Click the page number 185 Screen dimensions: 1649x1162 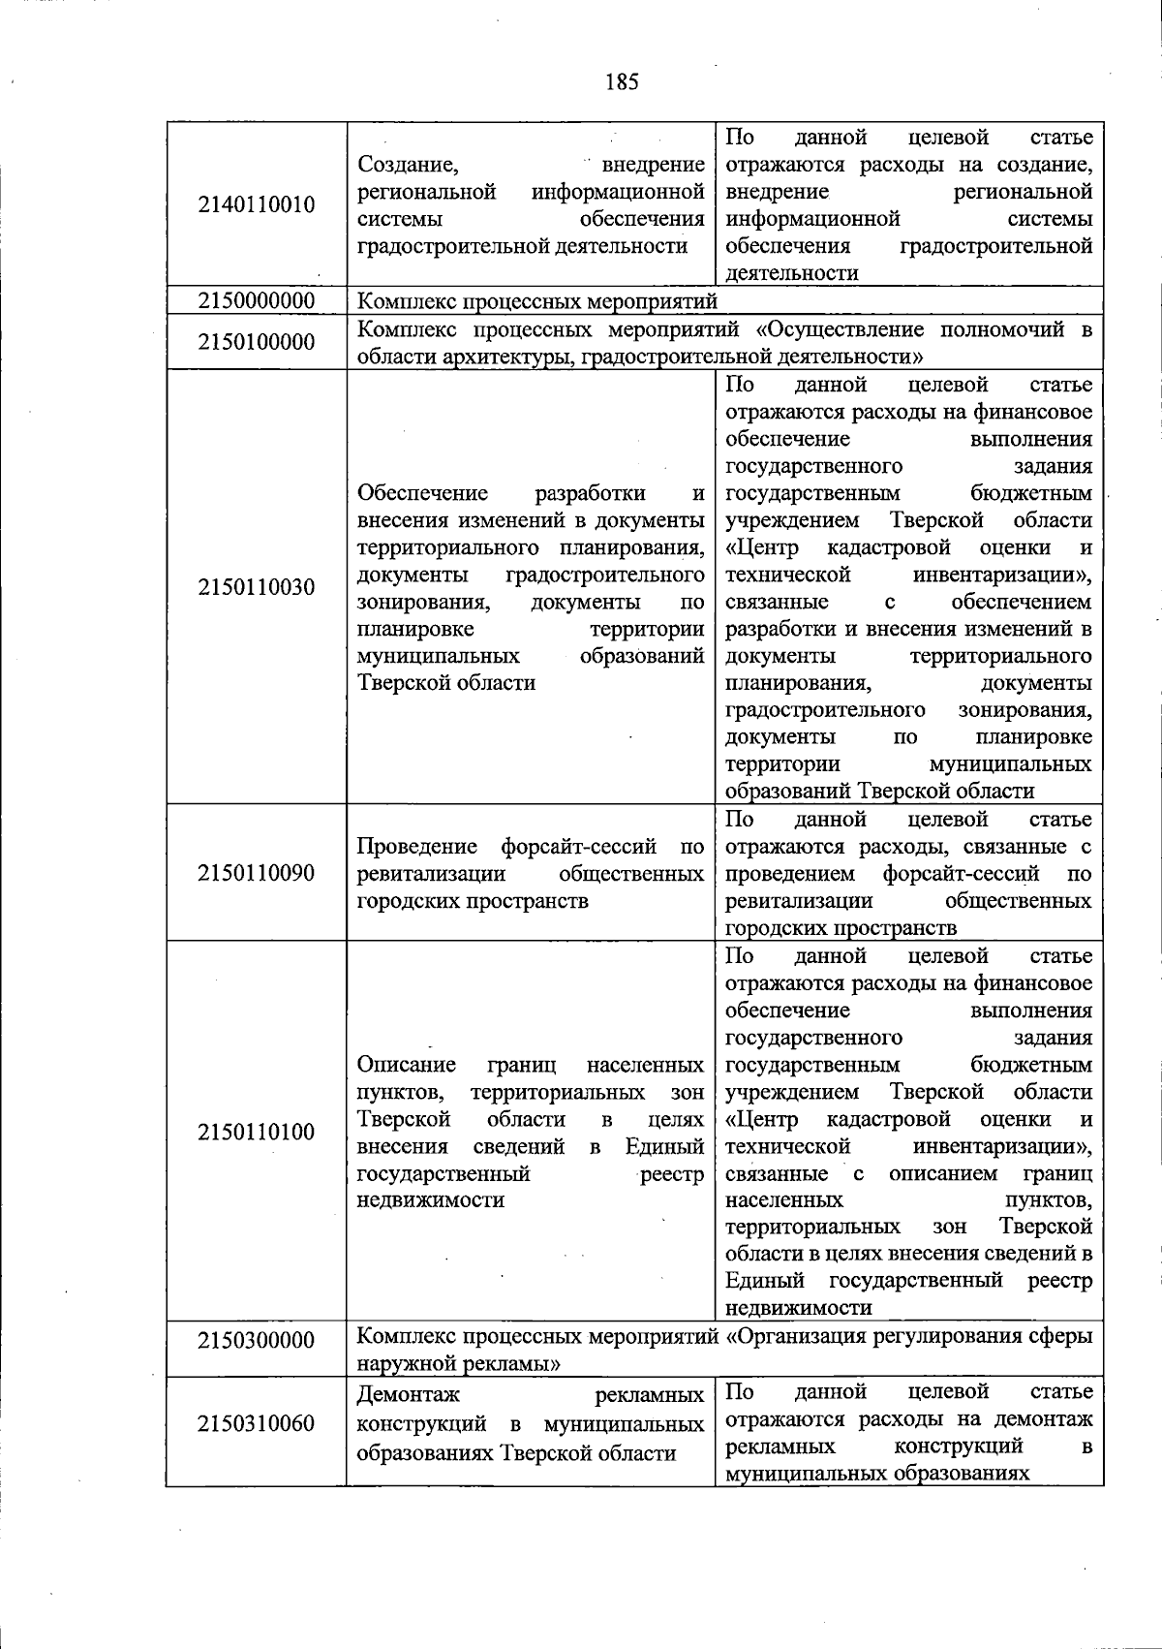622,81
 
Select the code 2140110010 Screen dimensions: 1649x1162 257,204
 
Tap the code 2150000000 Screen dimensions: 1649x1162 257,301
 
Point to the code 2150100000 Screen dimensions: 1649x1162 257,342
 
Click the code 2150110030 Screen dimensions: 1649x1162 257,587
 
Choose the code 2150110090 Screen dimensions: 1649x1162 257,873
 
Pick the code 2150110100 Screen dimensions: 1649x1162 257,1132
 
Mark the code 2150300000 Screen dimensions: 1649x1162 257,1341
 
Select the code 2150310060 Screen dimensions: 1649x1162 257,1423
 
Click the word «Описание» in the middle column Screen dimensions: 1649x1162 407,1065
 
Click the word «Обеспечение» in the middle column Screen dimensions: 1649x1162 422,493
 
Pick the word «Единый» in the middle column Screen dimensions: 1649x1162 664,1146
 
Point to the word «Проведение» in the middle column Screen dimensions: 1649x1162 417,847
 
